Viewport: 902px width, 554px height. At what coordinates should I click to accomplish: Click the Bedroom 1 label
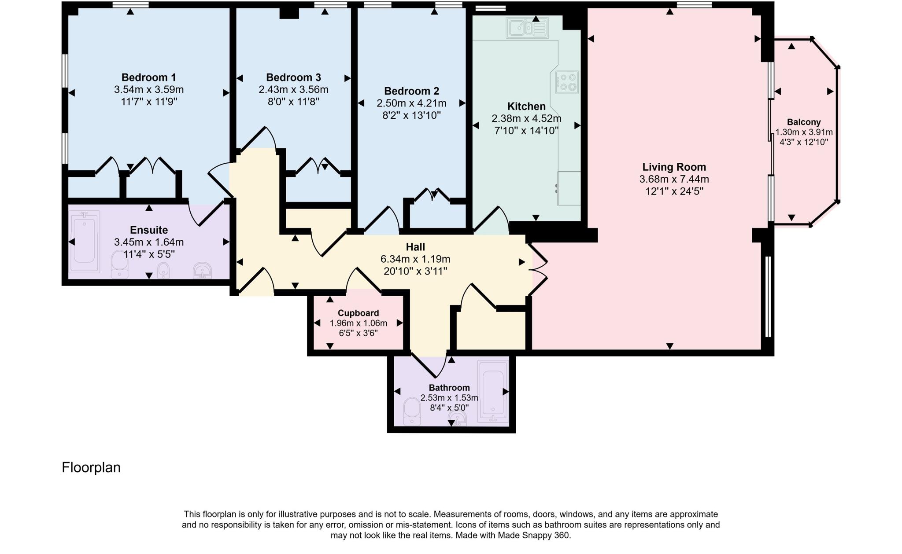click(x=148, y=77)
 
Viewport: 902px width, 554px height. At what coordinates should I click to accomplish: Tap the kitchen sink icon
click(x=527, y=28)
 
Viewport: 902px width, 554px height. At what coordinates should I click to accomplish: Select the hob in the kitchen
click(x=567, y=82)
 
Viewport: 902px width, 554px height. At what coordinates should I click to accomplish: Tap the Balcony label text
click(x=804, y=122)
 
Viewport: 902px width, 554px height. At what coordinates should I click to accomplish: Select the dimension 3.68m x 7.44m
click(x=674, y=179)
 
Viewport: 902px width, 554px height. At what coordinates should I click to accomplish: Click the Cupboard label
click(x=358, y=313)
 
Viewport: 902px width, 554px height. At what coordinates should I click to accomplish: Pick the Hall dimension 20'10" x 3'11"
click(x=415, y=271)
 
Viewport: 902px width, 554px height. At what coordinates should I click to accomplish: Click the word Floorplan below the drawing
click(x=91, y=467)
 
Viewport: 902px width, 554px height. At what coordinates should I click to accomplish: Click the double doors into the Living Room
click(x=538, y=269)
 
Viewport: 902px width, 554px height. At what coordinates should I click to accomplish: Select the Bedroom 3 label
click(x=293, y=77)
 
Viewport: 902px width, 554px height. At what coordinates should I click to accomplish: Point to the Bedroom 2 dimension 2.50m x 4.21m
click(x=411, y=103)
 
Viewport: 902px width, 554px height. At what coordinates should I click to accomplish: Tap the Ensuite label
click(x=149, y=230)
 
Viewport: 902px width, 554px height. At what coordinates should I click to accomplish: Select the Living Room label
click(x=674, y=167)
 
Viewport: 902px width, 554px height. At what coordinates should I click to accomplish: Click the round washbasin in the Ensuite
click(x=202, y=270)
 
